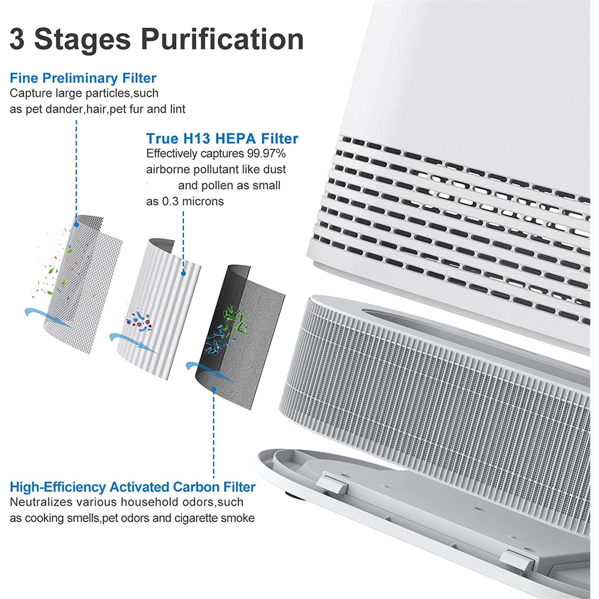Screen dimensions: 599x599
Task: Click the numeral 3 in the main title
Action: click(x=17, y=39)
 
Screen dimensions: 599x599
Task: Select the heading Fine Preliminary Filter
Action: click(x=83, y=78)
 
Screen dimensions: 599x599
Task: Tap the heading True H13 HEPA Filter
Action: click(x=222, y=138)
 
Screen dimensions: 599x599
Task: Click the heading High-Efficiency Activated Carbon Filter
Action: click(x=133, y=487)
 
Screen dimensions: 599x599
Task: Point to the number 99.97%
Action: click(x=266, y=153)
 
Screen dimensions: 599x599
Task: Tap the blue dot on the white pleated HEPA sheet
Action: click(x=184, y=273)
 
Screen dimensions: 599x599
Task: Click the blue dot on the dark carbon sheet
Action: click(x=214, y=389)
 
